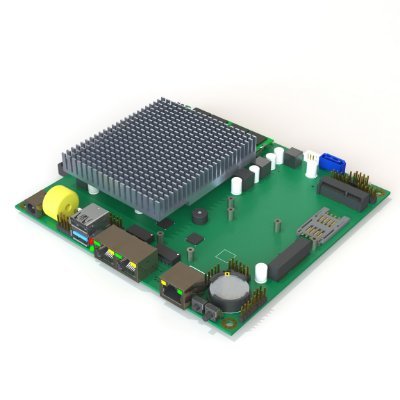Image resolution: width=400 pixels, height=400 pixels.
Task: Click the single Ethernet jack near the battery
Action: pos(178,285)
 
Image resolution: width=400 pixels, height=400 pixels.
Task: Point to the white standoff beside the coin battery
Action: pos(261,270)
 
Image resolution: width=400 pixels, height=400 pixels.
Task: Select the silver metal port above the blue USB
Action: pos(95,214)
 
